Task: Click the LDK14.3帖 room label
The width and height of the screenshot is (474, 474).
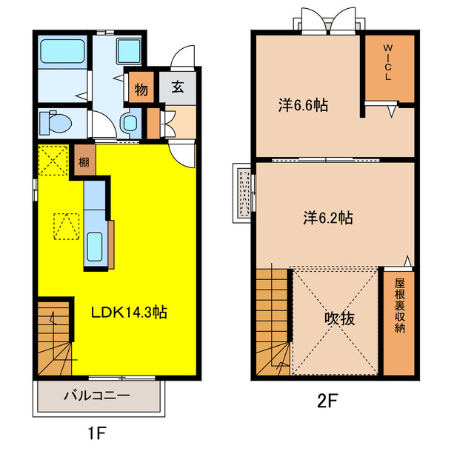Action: [x=129, y=313]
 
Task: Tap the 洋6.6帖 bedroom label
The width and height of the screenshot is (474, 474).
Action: [x=303, y=105]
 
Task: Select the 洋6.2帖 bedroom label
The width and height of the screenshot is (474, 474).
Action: [x=328, y=217]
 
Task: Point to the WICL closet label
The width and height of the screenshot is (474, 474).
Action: [x=388, y=62]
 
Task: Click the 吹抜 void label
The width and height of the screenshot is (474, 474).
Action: [x=339, y=318]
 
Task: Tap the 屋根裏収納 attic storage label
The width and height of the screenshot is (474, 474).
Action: [x=400, y=305]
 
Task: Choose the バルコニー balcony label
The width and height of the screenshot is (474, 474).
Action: [x=97, y=395]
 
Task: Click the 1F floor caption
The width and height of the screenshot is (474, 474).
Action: [x=97, y=434]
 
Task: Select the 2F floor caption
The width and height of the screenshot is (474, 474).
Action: [x=327, y=401]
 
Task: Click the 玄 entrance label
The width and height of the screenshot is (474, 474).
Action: [x=178, y=87]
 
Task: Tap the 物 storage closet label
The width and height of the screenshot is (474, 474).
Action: [x=141, y=90]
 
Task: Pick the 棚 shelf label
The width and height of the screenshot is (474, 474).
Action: [x=84, y=162]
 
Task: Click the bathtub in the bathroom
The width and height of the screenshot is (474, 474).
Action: [x=62, y=51]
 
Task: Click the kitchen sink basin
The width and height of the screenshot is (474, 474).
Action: [x=95, y=247]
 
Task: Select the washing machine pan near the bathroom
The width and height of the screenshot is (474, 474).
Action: [x=129, y=51]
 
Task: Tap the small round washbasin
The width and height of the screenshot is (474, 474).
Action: [x=130, y=123]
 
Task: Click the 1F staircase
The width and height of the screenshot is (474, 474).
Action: [x=54, y=338]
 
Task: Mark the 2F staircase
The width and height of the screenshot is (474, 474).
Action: [x=273, y=322]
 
